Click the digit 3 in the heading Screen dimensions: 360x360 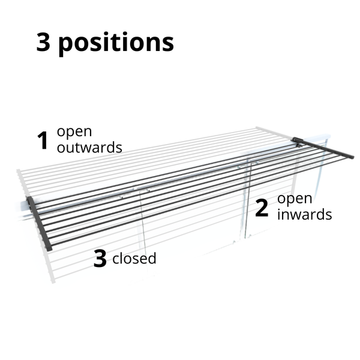pyautogui.click(x=43, y=42)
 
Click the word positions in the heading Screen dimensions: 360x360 pyautogui.click(x=116, y=43)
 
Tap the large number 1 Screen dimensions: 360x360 pyautogui.click(x=42, y=141)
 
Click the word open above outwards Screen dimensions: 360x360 pyautogui.click(x=74, y=132)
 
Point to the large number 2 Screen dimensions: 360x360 pyautogui.click(x=262, y=208)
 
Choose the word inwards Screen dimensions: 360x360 pyautogui.click(x=304, y=214)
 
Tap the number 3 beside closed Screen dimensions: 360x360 pyautogui.click(x=100, y=259)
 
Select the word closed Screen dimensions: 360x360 pyautogui.click(x=134, y=259)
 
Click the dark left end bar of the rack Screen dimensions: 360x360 pyautogui.click(x=40, y=224)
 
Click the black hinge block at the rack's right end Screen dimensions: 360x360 pyautogui.click(x=298, y=142)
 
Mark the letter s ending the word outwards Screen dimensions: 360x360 pyautogui.click(x=119, y=148)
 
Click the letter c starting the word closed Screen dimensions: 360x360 pyautogui.click(x=116, y=260)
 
